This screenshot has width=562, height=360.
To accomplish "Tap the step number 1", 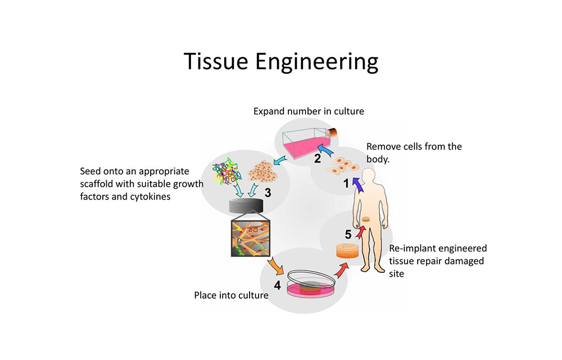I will tap(347, 183).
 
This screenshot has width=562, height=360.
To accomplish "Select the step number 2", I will tap(318, 159).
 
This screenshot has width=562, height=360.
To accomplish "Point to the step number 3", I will tap(268, 193).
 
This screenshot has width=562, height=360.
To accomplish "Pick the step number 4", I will tap(277, 285).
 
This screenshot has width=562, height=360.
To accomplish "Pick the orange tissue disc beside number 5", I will tap(348, 250).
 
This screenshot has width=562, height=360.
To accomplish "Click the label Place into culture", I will tap(231, 295).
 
